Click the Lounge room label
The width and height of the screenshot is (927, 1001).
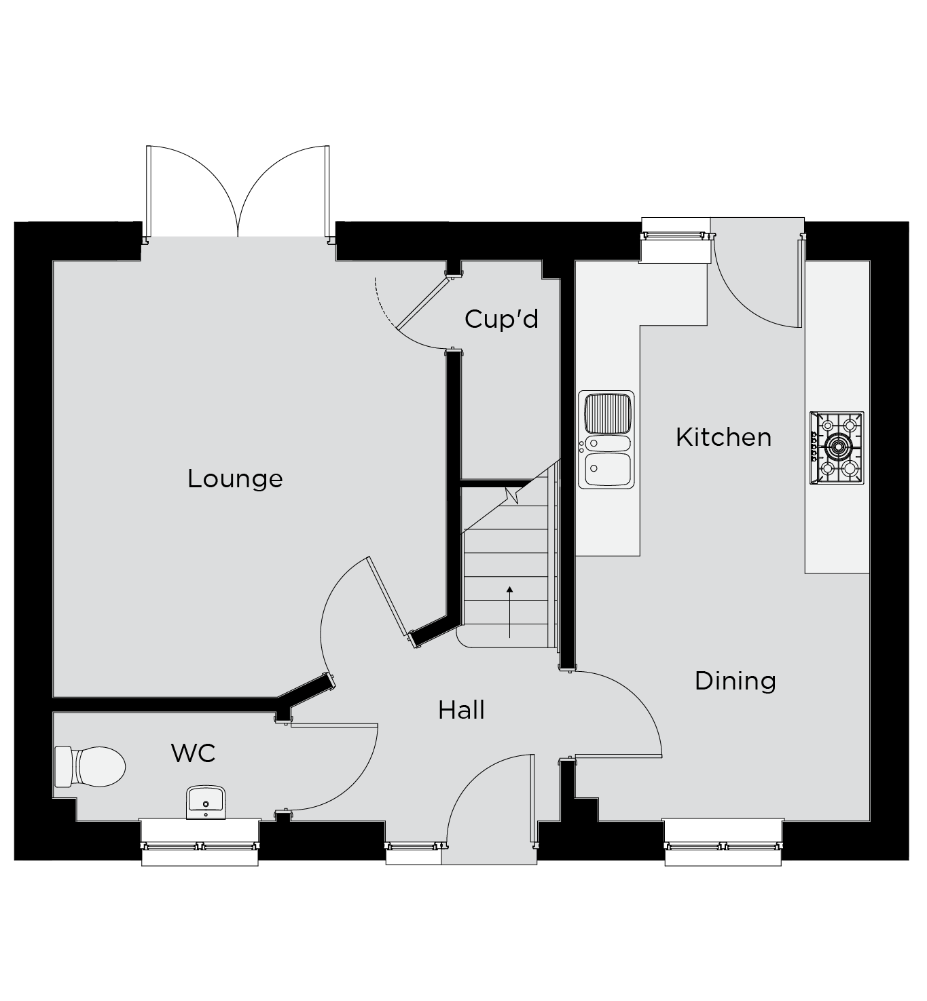pyautogui.click(x=235, y=479)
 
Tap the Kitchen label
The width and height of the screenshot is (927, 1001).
pyautogui.click(x=724, y=438)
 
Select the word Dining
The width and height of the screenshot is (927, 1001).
pyautogui.click(x=735, y=681)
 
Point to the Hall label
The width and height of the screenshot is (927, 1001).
pyautogui.click(x=461, y=710)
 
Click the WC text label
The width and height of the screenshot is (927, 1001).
pyautogui.click(x=194, y=753)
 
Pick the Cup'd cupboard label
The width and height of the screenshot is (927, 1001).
pyautogui.click(x=501, y=319)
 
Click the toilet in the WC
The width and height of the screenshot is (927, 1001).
pyautogui.click(x=90, y=767)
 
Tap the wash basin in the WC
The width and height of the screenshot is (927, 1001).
pyautogui.click(x=206, y=802)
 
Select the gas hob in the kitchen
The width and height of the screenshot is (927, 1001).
pyautogui.click(x=837, y=448)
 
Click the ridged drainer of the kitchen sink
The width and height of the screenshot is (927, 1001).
pyautogui.click(x=608, y=413)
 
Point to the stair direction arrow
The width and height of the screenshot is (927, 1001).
pyautogui.click(x=509, y=612)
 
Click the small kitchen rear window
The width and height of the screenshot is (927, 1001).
pyautogui.click(x=674, y=235)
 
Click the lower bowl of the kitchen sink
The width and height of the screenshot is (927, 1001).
pyautogui.click(x=608, y=469)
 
